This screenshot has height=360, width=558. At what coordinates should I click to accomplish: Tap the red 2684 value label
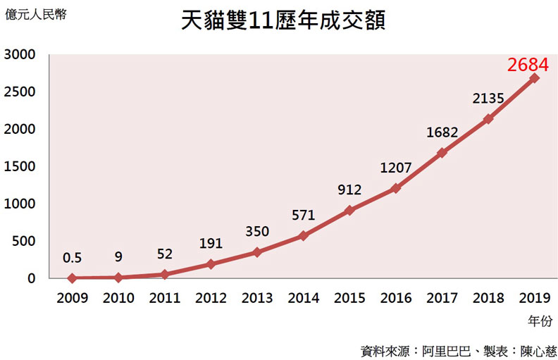point(528,65)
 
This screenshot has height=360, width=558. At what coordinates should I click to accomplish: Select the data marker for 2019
point(534,77)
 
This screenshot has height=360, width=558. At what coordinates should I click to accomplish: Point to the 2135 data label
point(488,99)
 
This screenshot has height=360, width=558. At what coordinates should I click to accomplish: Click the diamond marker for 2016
point(396,188)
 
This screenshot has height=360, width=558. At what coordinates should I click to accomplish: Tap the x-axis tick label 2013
point(257,299)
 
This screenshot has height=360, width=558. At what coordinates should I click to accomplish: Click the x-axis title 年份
point(539,321)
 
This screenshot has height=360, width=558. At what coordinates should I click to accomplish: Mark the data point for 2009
point(73,278)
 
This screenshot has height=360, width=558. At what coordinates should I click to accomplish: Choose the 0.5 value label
point(73,258)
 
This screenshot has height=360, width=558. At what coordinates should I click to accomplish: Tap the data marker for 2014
point(304,235)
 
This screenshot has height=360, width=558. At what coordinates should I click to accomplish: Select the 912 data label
point(349,190)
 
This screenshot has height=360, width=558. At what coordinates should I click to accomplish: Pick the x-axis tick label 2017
point(442,299)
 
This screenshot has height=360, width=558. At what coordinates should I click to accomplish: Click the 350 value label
point(257,232)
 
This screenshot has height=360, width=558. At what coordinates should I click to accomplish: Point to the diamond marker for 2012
point(211,263)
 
